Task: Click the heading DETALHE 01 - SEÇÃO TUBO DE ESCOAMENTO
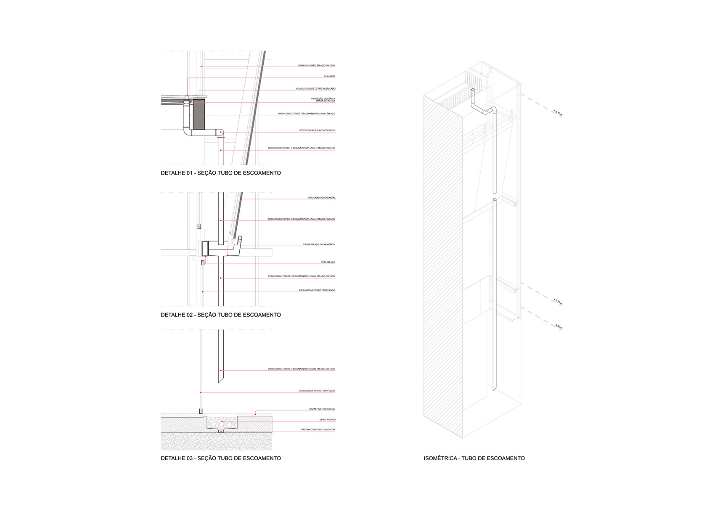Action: point(220,173)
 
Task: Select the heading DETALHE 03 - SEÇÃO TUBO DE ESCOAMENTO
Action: point(220,458)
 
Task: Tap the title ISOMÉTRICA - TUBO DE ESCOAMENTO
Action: point(474,458)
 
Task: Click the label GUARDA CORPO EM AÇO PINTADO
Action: point(316,66)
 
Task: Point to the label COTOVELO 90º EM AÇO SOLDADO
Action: point(317,130)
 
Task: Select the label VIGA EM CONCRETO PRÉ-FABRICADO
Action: point(315,89)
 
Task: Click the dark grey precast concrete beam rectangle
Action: point(199,114)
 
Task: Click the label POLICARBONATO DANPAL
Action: point(322,198)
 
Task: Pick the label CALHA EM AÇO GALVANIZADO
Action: point(319,244)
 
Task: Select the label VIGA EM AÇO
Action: point(328,263)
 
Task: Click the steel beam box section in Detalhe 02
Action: point(205,249)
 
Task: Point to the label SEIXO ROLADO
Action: point(328,419)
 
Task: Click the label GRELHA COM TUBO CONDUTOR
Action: point(318,430)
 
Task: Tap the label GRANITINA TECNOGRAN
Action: point(322,409)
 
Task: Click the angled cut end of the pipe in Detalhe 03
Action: point(220,379)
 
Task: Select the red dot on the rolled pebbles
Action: point(222,421)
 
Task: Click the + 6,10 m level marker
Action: point(558,113)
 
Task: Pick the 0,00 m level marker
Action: point(559,327)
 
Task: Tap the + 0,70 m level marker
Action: point(558,302)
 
